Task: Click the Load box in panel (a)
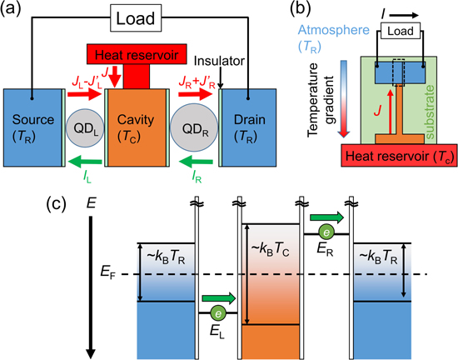tap(136, 18)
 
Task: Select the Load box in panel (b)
tap(401, 31)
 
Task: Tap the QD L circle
tap(85, 128)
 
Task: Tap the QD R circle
tap(194, 128)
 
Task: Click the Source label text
tap(33, 120)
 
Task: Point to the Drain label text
tap(250, 120)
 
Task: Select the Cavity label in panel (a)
tap(136, 120)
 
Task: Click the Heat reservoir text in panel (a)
tap(137, 55)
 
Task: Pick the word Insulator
tap(219, 61)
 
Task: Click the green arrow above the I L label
tap(85, 162)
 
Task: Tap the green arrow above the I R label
tap(196, 162)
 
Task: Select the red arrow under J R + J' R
tap(196, 94)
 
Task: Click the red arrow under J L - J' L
tap(84, 94)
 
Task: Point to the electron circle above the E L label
tap(218, 313)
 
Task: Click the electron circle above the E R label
tap(326, 233)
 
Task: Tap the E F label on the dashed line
tap(107, 272)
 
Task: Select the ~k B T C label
tap(271, 250)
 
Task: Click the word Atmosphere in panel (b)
tap(334, 30)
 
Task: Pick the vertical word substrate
tap(430, 112)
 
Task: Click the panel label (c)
tap(56, 203)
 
